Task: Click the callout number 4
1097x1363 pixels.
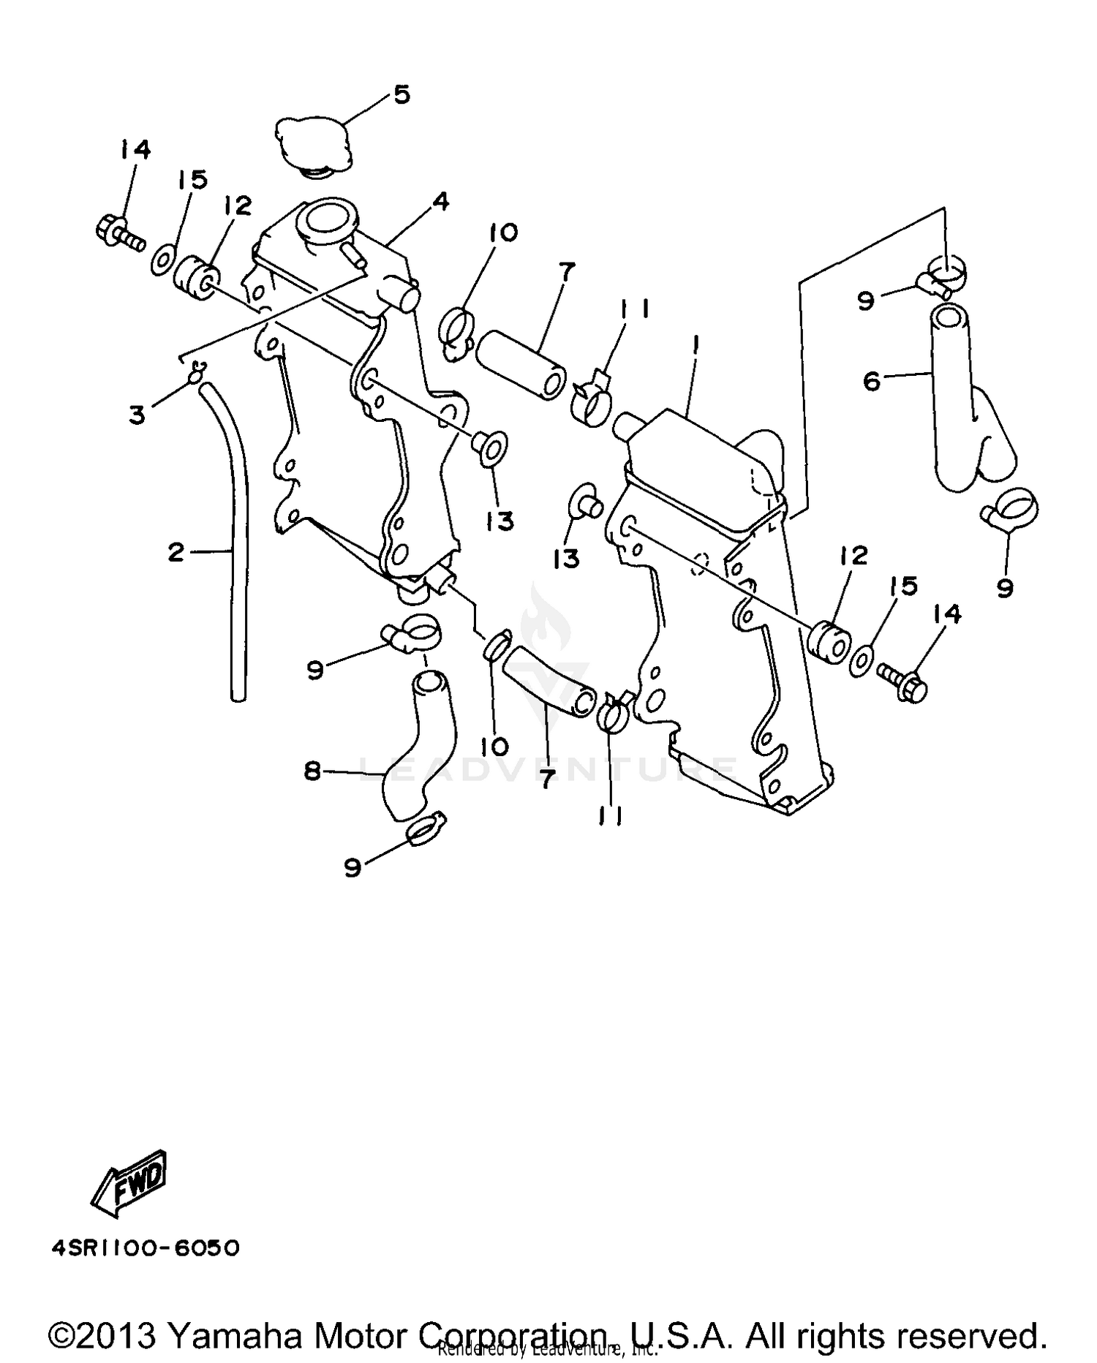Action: click(x=440, y=202)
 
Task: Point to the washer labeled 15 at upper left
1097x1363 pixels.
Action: click(x=162, y=260)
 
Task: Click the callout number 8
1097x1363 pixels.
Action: click(x=313, y=771)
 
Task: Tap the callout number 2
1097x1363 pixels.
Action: click(x=176, y=552)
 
